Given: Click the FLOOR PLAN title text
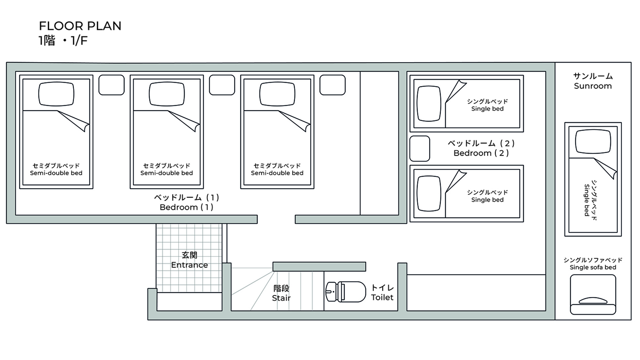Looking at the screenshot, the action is tap(80, 26).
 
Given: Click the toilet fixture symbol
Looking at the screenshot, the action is tap(346, 292).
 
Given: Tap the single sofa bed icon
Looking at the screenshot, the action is tap(593, 294).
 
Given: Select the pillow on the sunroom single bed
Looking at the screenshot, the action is tap(593, 141).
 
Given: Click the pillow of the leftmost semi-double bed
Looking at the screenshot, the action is tap(56, 94).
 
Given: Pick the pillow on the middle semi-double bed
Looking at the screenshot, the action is tap(167, 94).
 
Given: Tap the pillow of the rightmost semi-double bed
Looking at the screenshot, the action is tap(277, 94).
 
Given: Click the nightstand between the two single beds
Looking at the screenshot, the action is tap(420, 148).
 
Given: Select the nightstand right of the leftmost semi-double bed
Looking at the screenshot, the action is tap(111, 85).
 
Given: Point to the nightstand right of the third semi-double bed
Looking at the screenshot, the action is tap(332, 85).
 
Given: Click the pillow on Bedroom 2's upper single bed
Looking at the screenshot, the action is tap(429, 103).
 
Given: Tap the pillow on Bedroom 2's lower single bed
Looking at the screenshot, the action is tap(429, 193).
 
